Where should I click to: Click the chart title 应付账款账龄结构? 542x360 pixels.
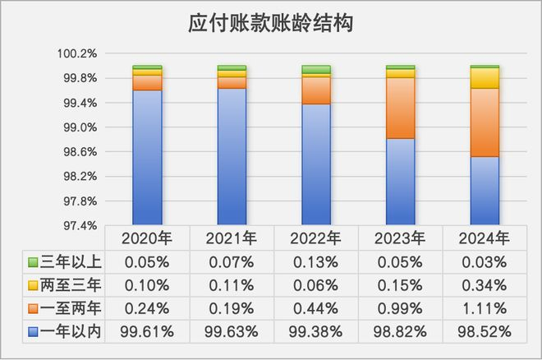[271, 22]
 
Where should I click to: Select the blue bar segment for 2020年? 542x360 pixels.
[147, 156]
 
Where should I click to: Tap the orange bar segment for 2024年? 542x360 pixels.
[485, 122]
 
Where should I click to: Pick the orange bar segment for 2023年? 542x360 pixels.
[400, 108]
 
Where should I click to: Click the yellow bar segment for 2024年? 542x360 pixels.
[485, 78]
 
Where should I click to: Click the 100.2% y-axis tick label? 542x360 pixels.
[78, 53]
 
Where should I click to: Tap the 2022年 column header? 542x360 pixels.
[316, 238]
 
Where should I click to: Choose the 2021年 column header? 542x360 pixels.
[232, 238]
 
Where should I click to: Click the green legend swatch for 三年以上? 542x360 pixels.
[33, 262]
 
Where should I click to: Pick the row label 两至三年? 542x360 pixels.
[71, 285]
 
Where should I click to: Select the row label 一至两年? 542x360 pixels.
[71, 308]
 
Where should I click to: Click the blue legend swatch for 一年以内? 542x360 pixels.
[33, 332]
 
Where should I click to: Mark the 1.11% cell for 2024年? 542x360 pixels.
[485, 308]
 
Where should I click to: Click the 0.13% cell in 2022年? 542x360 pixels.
[316, 262]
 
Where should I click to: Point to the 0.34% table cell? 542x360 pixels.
[485, 285]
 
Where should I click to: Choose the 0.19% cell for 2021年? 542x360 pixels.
[232, 308]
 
